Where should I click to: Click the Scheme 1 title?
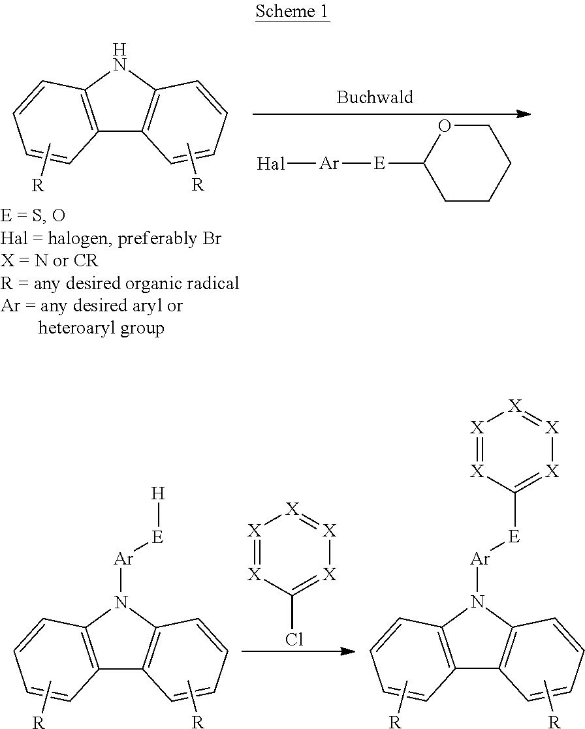pyautogui.click(x=292, y=11)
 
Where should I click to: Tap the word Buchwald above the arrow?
pyautogui.click(x=375, y=97)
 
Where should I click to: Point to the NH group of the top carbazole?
pyautogui.click(x=120, y=57)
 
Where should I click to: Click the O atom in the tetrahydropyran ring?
pyautogui.click(x=445, y=126)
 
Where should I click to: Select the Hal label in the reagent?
pyautogui.click(x=271, y=164)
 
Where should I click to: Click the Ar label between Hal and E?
pyautogui.click(x=329, y=164)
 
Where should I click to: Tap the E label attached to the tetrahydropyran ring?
pyautogui.click(x=379, y=164)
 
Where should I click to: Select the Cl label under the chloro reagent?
pyautogui.click(x=294, y=640)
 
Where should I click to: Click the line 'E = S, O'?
pyautogui.click(x=33, y=216)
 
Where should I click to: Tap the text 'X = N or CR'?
pyautogui.click(x=50, y=261)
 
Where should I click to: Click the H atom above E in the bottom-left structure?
pyautogui.click(x=158, y=494)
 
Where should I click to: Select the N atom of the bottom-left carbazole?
pyautogui.click(x=120, y=602)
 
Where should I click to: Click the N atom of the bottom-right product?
pyautogui.click(x=477, y=602)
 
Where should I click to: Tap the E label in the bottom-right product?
pyautogui.click(x=514, y=537)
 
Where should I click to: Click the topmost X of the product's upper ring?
pyautogui.click(x=514, y=406)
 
